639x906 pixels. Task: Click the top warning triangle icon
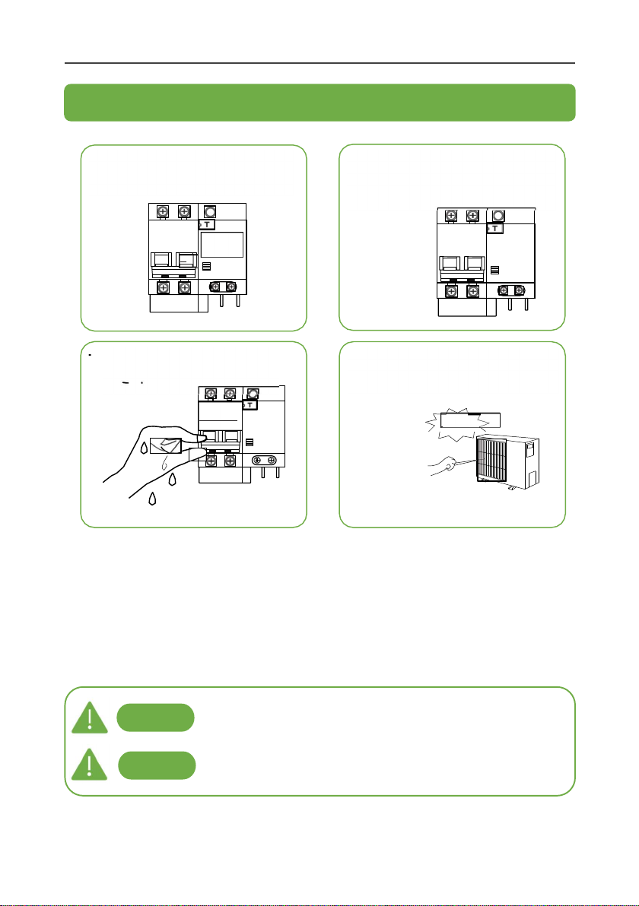click(x=90, y=718)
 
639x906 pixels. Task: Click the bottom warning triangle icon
click(x=89, y=765)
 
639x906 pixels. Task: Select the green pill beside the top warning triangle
click(x=155, y=718)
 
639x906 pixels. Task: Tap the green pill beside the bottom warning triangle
click(x=157, y=765)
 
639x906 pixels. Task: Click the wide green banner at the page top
click(x=319, y=103)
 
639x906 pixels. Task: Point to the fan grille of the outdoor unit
click(x=491, y=459)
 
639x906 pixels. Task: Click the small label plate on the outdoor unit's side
click(x=529, y=450)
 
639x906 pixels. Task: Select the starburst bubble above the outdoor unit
click(x=463, y=423)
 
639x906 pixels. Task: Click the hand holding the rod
click(x=443, y=466)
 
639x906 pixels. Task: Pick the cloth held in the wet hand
click(x=166, y=445)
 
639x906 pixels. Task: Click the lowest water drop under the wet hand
click(x=152, y=498)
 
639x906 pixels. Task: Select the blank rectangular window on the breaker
click(x=222, y=245)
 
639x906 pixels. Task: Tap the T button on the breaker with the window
click(x=206, y=224)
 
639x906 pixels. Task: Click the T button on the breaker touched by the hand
click(x=250, y=405)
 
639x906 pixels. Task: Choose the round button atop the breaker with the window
click(x=210, y=211)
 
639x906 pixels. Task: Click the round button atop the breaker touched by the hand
click(x=252, y=394)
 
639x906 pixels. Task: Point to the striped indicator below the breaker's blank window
click(x=206, y=266)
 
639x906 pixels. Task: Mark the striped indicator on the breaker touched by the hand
click(x=250, y=442)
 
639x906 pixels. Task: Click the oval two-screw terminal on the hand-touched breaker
click(x=264, y=460)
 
